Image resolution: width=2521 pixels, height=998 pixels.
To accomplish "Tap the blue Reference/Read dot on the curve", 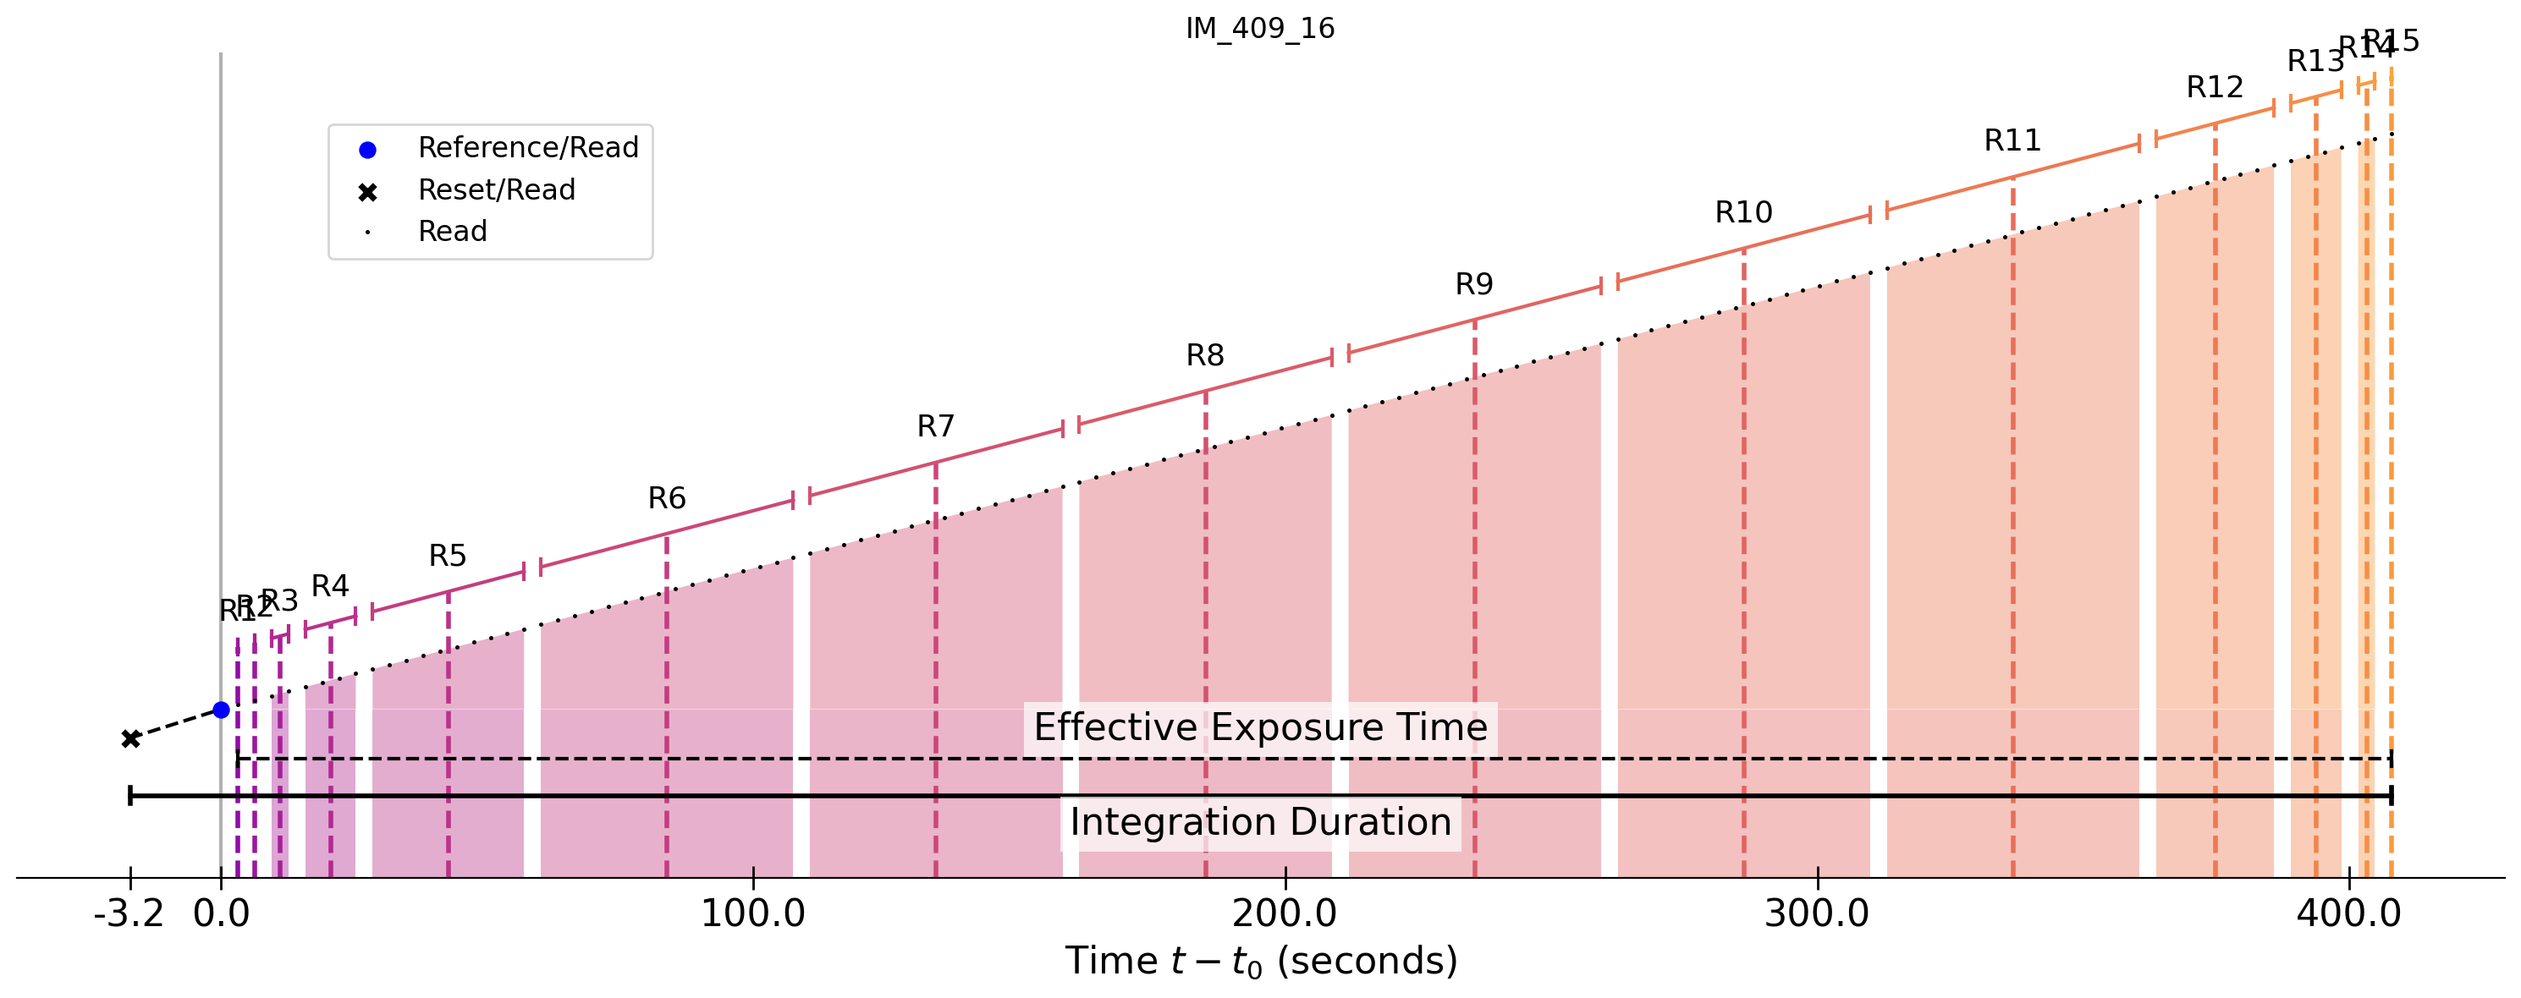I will (221, 710).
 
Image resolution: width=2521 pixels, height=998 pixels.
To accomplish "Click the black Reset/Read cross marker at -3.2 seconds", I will (130, 738).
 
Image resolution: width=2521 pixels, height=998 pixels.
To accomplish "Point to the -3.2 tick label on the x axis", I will (128, 914).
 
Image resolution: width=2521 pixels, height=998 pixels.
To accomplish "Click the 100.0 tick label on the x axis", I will (752, 914).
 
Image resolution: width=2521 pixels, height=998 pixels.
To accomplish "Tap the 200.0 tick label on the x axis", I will (1284, 914).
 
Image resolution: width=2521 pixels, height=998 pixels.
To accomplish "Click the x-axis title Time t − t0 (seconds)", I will (1261, 962).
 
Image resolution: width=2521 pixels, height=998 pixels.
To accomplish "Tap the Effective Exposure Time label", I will (1261, 728).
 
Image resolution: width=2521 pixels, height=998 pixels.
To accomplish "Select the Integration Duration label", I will (1261, 823).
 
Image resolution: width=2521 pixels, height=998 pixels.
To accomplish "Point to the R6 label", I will (667, 499).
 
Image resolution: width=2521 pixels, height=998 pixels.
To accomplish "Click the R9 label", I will (1474, 285).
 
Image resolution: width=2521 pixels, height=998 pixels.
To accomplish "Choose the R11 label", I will (2012, 141).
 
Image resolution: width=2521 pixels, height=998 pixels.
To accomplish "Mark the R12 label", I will (2215, 88).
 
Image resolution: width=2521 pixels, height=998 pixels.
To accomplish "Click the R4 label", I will (330, 586).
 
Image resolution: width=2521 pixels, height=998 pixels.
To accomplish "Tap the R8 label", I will (1205, 356).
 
